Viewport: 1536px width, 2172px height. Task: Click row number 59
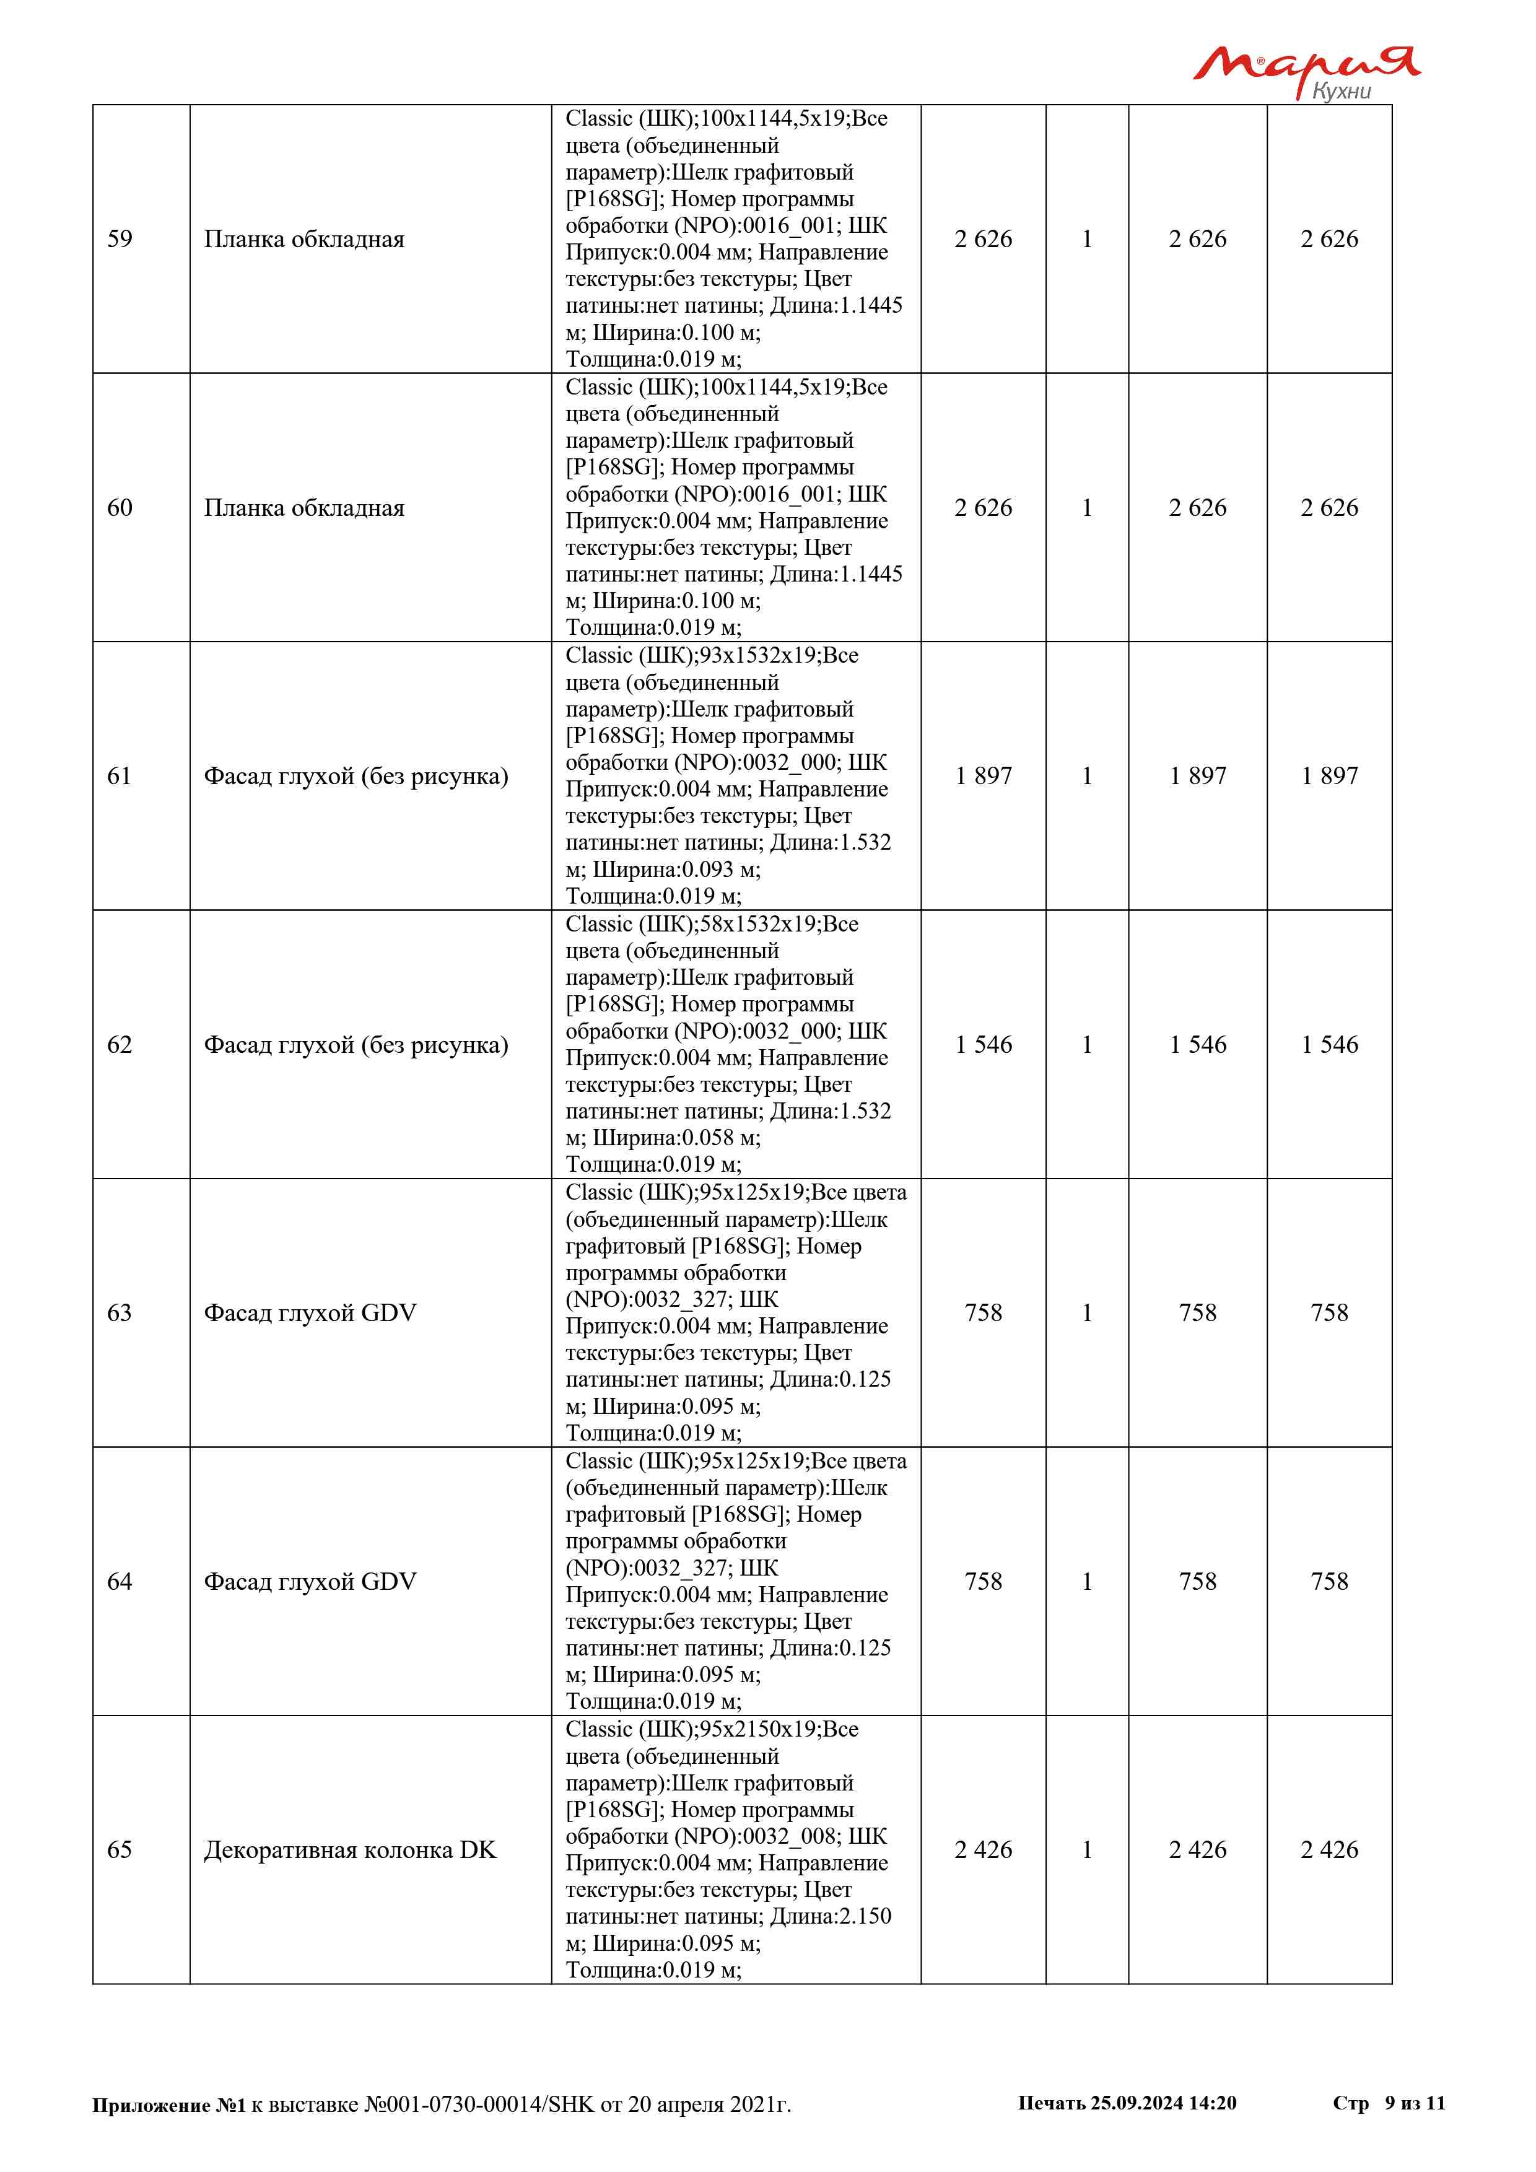click(120, 239)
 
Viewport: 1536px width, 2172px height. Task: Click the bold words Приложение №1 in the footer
click(168, 2105)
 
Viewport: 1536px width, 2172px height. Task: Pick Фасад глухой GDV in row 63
click(310, 1313)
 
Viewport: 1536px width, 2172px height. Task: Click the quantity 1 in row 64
click(1087, 1582)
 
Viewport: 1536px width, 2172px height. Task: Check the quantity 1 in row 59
click(1087, 239)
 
